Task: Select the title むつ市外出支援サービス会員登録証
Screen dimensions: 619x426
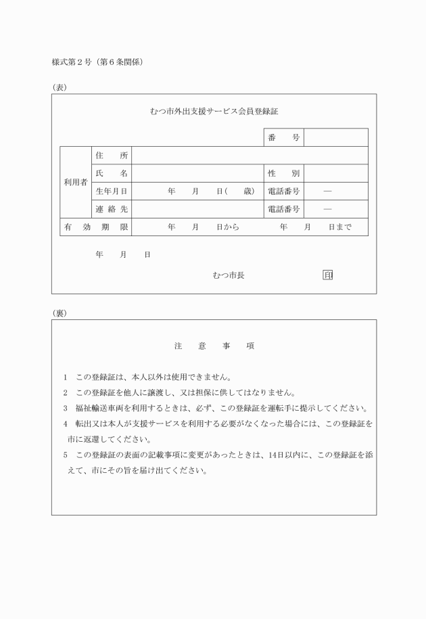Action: pos(214,111)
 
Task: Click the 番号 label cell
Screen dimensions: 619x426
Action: pos(283,138)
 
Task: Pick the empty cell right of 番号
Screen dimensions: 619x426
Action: pos(335,138)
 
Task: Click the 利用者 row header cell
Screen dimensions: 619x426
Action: pos(75,183)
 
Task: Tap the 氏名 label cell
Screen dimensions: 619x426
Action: pos(112,174)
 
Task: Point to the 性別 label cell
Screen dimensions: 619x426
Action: pos(283,174)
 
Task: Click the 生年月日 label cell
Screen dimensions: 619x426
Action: pos(112,191)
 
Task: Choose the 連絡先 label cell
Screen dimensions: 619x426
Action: pos(112,210)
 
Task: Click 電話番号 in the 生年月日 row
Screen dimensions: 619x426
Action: pos(283,191)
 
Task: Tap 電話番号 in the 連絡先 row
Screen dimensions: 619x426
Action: pos(283,210)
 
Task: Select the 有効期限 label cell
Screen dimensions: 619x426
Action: pos(96,227)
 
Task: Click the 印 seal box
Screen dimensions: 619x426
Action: pos(328,275)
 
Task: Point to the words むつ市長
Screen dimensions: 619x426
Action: pos(229,275)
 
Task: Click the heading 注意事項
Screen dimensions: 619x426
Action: pos(214,346)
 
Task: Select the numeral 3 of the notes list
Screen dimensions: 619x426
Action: pos(65,408)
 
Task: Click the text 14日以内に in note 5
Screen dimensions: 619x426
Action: pos(300,455)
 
